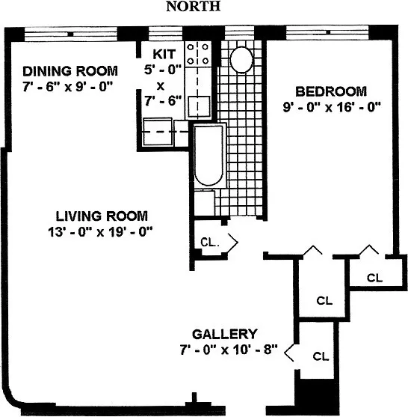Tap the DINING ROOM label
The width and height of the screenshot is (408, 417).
point(69,71)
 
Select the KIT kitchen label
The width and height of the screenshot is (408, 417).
point(164,54)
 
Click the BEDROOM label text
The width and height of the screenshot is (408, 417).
point(331,91)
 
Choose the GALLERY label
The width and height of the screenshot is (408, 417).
point(225,334)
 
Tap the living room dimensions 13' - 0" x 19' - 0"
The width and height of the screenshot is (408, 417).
point(99,231)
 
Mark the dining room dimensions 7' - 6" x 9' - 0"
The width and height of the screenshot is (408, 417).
point(67,86)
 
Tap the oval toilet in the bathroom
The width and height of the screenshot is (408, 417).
point(241,59)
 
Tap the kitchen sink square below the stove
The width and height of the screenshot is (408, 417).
point(198,106)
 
